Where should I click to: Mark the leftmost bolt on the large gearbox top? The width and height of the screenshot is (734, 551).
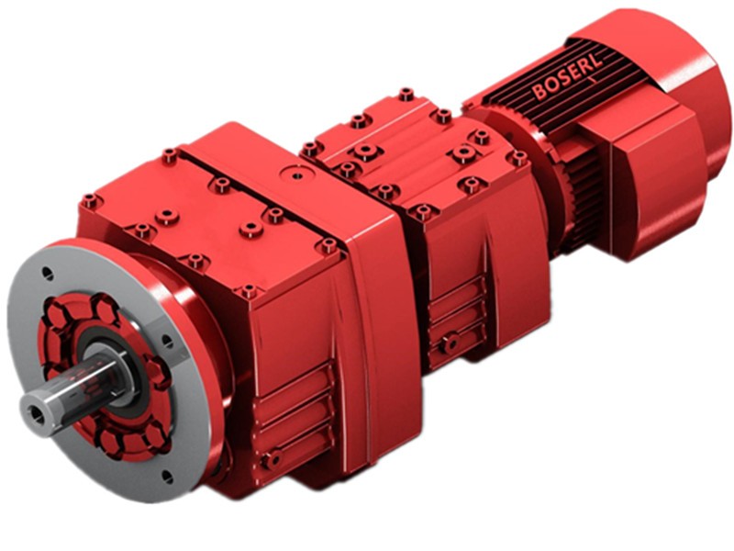pos(89,200)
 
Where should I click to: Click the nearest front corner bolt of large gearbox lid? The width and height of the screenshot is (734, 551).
pos(249,292)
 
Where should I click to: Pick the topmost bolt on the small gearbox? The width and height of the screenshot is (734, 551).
pos(405,94)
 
